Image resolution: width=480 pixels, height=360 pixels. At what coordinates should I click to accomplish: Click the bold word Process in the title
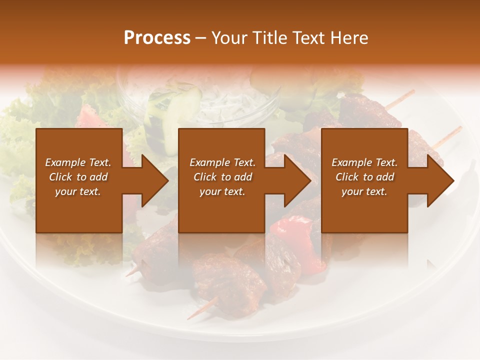pyautogui.click(x=157, y=37)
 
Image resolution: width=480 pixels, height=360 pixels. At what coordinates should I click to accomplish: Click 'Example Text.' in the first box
pyautogui.click(x=78, y=162)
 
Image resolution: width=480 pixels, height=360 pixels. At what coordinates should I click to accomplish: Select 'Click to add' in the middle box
pyautogui.click(x=222, y=177)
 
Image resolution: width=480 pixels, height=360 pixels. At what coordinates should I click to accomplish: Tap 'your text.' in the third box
pyautogui.click(x=364, y=191)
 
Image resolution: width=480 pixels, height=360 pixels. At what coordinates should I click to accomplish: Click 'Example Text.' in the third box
pyautogui.click(x=364, y=162)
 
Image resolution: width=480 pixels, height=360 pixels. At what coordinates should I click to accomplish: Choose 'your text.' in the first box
pyautogui.click(x=78, y=191)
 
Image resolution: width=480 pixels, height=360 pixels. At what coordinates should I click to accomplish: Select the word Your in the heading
pyautogui.click(x=228, y=37)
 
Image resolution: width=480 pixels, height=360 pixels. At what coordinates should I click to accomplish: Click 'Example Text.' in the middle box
pyautogui.click(x=222, y=162)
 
